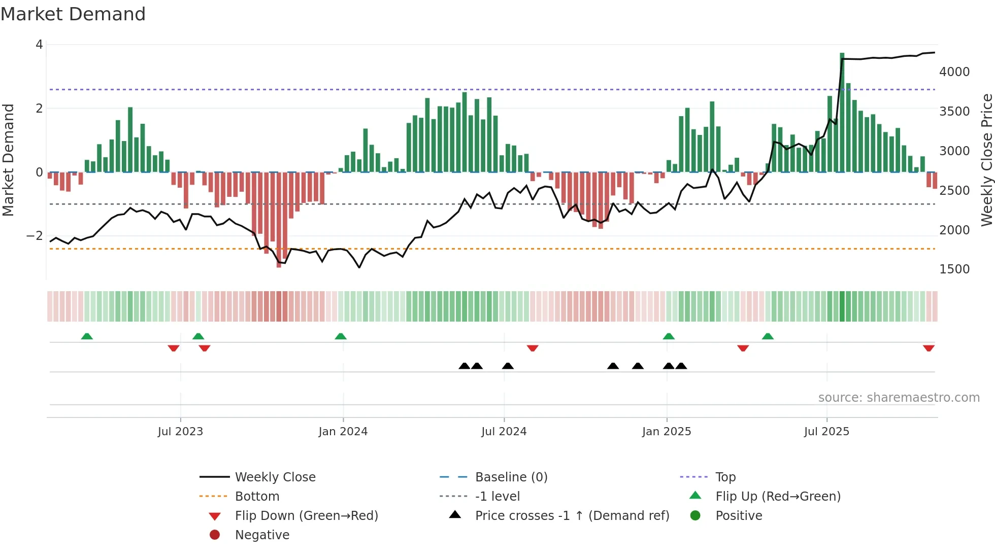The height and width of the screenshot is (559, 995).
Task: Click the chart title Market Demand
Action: click(x=73, y=14)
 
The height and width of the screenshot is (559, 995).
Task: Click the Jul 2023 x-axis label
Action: click(x=180, y=432)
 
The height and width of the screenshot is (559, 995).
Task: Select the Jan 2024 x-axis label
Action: click(x=343, y=432)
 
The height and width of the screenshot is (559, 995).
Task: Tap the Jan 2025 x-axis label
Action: click(x=667, y=432)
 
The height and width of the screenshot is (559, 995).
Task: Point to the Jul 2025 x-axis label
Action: click(x=826, y=432)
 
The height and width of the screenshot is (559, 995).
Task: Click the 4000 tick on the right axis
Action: click(x=954, y=72)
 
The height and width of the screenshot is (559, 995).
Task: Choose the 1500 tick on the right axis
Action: click(x=954, y=269)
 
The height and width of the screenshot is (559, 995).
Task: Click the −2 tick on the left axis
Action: click(x=35, y=236)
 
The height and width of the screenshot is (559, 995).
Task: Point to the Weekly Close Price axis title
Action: click(x=986, y=160)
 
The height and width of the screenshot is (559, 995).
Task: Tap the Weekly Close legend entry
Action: click(x=275, y=477)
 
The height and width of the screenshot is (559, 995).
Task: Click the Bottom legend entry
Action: click(x=257, y=497)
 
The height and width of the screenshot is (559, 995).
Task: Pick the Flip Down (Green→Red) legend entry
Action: click(x=306, y=516)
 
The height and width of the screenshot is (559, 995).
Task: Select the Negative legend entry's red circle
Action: click(x=215, y=535)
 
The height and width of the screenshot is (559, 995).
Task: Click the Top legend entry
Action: click(x=725, y=477)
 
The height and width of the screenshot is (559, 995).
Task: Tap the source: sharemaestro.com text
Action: click(x=899, y=398)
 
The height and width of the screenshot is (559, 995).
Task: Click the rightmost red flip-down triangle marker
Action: click(x=928, y=348)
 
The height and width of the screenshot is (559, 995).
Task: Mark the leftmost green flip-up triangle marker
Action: click(x=87, y=336)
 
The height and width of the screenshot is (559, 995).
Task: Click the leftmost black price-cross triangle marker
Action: click(x=464, y=366)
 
